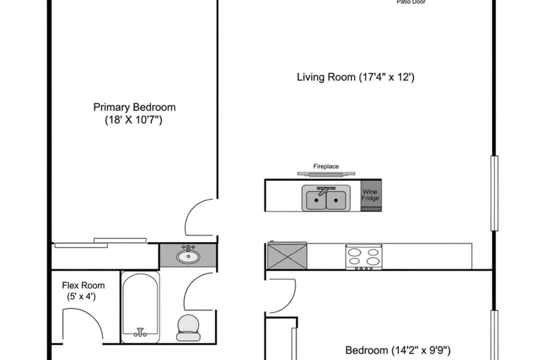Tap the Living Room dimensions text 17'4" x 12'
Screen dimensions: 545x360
click(386, 77)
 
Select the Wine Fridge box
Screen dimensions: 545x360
click(371, 195)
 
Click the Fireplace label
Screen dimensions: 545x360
click(326, 166)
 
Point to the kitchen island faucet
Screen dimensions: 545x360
click(323, 191)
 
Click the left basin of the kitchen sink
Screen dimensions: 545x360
click(316, 200)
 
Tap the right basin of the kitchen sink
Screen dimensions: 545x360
click(336, 200)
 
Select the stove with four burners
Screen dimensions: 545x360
click(364, 257)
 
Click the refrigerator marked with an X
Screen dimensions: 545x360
click(287, 256)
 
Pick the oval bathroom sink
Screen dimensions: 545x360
click(188, 257)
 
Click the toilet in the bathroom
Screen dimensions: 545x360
click(188, 328)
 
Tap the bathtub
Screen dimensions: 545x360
click(140, 307)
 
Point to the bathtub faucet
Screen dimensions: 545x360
click(140, 332)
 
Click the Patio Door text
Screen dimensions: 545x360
click(411, 2)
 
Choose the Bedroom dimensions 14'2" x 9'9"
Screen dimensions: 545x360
click(421, 350)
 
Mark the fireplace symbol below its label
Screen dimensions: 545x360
click(326, 174)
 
